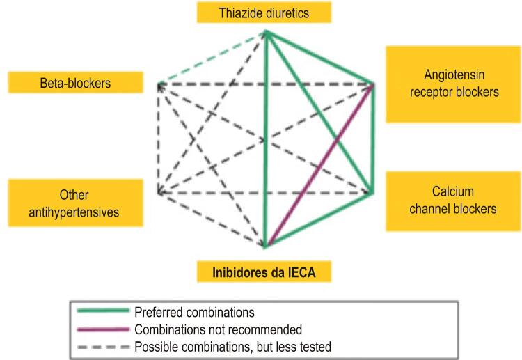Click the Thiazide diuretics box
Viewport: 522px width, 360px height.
tap(264, 13)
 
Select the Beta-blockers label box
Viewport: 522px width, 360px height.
tap(76, 82)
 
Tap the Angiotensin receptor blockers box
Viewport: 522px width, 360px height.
tap(453, 84)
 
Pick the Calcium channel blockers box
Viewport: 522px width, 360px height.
tap(453, 201)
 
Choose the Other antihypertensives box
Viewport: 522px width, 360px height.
tap(76, 203)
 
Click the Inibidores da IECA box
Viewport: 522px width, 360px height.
tap(264, 272)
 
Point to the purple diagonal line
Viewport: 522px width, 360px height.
tap(319, 164)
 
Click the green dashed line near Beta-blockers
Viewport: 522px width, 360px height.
tap(212, 57)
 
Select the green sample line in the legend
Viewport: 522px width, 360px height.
tap(103, 311)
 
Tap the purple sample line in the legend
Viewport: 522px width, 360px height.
tap(103, 329)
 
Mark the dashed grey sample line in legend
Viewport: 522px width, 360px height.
tap(103, 347)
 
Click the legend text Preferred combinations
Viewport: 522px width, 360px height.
tap(194, 313)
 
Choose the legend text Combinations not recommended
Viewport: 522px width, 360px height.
tap(218, 329)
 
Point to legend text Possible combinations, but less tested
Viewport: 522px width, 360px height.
tap(232, 347)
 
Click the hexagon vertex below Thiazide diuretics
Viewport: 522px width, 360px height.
tap(266, 32)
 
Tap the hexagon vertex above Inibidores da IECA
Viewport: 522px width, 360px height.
tap(265, 246)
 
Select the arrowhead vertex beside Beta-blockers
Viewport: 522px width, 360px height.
tap(159, 84)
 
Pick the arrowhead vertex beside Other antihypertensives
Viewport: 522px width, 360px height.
tap(159, 193)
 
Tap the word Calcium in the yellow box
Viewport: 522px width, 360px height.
tap(453, 191)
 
